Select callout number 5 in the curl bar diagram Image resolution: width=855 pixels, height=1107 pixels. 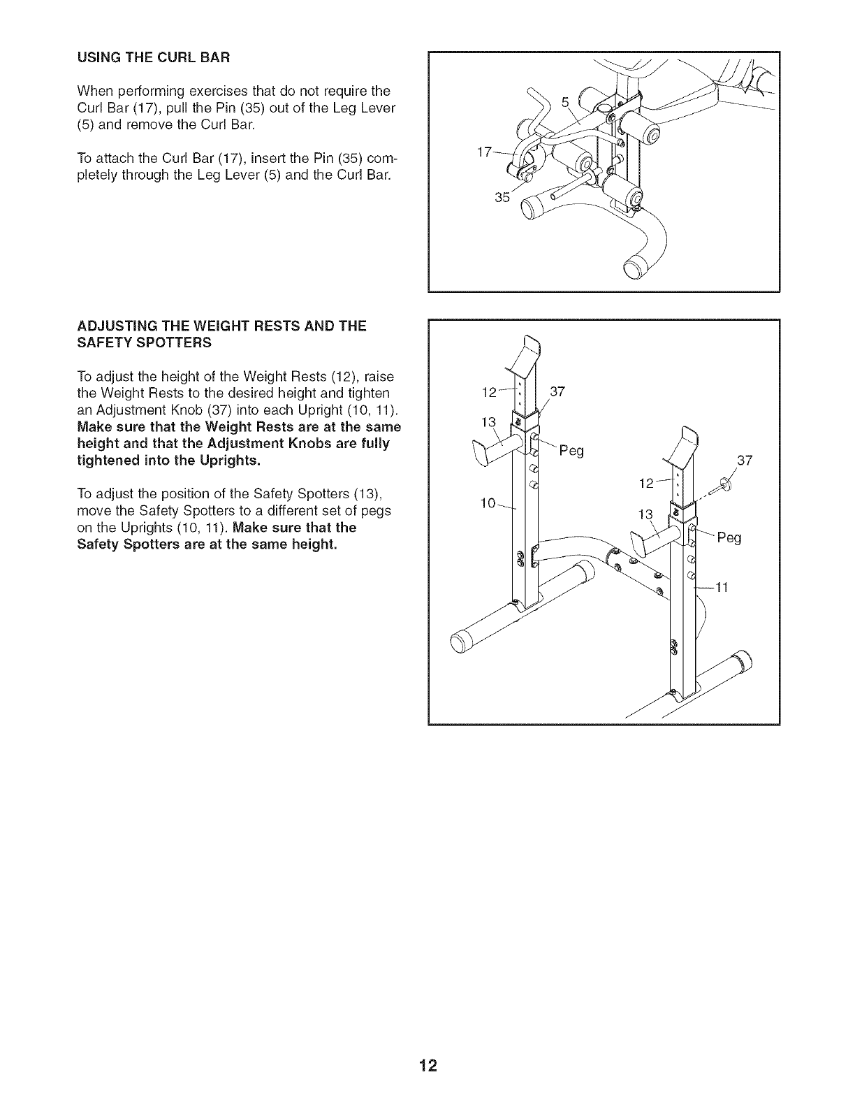(x=564, y=101)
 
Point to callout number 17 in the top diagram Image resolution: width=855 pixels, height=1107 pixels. (x=483, y=152)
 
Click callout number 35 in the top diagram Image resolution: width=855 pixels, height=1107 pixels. (x=502, y=197)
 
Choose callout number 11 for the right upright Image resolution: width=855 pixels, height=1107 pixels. (x=722, y=588)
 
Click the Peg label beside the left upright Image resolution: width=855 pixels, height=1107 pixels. (x=571, y=451)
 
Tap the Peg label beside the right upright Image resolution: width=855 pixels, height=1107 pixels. (x=728, y=538)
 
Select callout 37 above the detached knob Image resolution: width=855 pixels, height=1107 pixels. (x=745, y=460)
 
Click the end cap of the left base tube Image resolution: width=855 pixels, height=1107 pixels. (x=459, y=643)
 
